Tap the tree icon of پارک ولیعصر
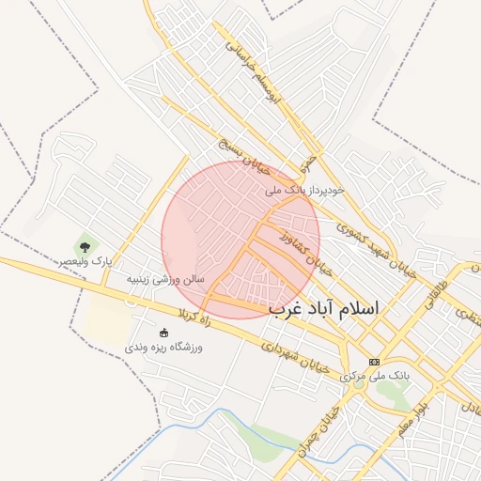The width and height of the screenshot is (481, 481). (85, 247)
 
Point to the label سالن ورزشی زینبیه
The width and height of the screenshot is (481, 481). (165, 279)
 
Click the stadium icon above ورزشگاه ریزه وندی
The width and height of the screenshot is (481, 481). (164, 333)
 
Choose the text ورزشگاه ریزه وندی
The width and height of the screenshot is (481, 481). (164, 347)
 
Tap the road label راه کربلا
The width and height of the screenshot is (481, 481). (190, 312)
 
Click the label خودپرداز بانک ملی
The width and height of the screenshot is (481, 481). (304, 190)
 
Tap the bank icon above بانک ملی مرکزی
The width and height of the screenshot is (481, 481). (375, 362)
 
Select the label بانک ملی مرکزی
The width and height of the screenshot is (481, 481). (375, 376)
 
